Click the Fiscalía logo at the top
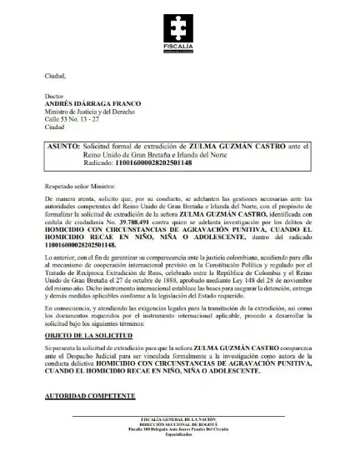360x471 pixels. [180, 33]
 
